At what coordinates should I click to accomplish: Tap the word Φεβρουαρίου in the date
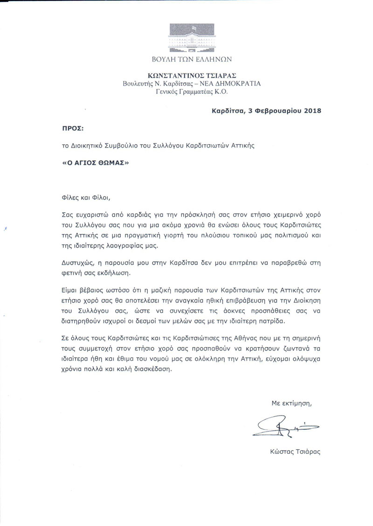click(x=271, y=111)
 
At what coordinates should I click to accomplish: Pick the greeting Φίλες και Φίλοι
click(x=86, y=197)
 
